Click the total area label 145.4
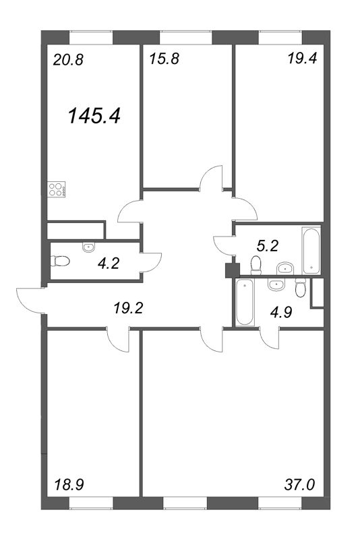(94, 115)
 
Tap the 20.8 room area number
(68, 60)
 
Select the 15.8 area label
(164, 59)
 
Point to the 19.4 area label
(302, 59)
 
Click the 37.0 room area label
(299, 485)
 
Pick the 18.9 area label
(69, 485)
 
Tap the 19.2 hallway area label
(128, 309)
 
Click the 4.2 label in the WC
(109, 263)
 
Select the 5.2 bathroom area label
(268, 246)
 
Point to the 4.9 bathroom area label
(281, 313)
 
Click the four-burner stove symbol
(57, 189)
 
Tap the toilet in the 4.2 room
(61, 261)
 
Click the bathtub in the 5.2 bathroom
(311, 250)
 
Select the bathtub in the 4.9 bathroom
(245, 302)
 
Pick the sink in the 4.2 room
(89, 247)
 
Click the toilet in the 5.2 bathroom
(256, 265)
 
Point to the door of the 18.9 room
(118, 340)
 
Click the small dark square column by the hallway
(233, 270)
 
